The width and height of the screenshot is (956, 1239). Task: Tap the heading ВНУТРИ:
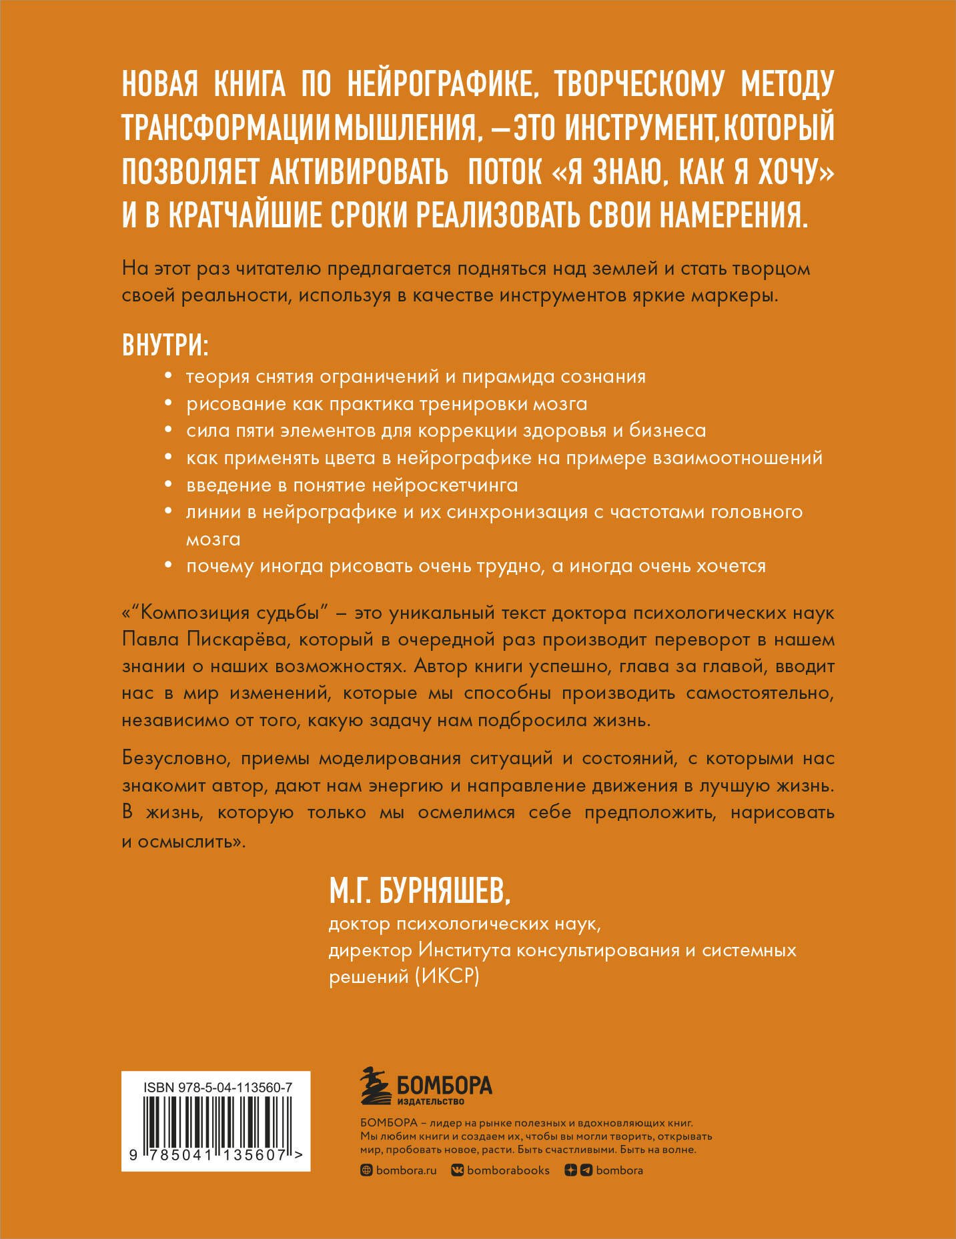pyautogui.click(x=165, y=345)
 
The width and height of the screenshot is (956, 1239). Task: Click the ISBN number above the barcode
pyautogui.click(x=217, y=1088)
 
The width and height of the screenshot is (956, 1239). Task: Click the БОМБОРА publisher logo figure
pyautogui.click(x=377, y=1086)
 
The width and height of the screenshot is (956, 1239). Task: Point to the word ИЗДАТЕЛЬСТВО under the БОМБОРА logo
pyautogui.click(x=430, y=1101)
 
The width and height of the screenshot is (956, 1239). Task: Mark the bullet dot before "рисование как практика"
pyautogui.click(x=168, y=405)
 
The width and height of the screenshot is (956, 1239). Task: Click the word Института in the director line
pyautogui.click(x=465, y=950)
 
